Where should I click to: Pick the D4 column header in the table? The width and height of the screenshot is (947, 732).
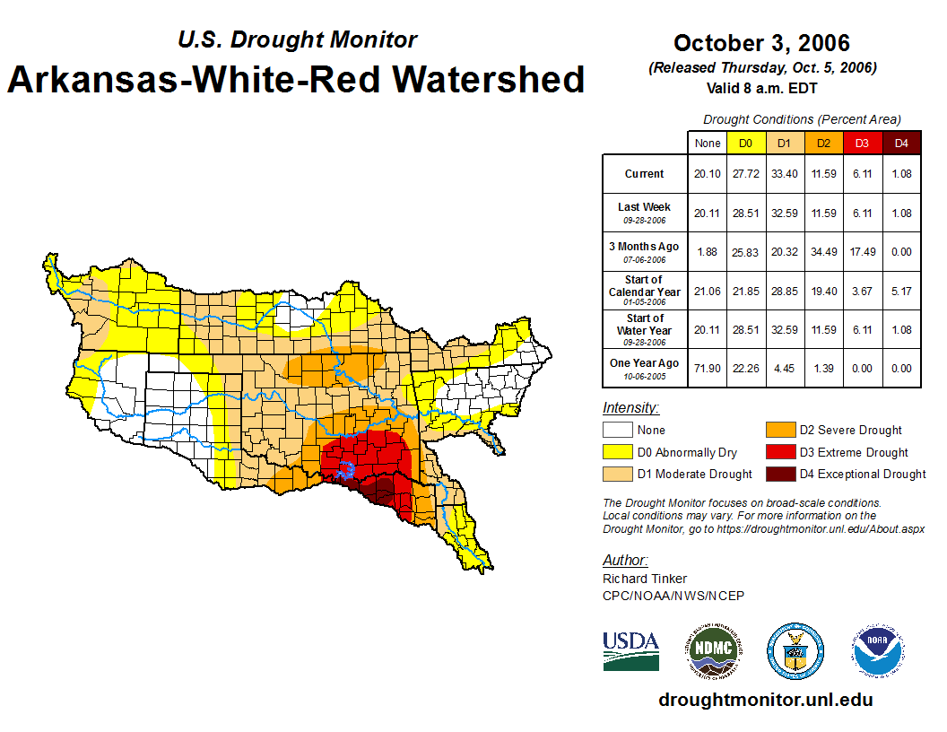click(x=901, y=144)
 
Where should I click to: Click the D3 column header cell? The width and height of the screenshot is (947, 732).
click(x=862, y=144)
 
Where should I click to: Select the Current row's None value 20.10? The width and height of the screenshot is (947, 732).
click(x=708, y=174)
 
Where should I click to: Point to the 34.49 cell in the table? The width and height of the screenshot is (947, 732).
click(x=823, y=252)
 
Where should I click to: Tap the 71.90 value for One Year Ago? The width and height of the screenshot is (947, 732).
click(x=708, y=368)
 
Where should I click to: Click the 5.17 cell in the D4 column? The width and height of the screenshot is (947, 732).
click(x=901, y=291)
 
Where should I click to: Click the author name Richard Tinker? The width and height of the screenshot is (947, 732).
click(x=645, y=579)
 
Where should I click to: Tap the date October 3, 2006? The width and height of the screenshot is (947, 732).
click(x=761, y=43)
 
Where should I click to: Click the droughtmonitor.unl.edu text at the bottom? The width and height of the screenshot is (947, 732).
click(x=765, y=700)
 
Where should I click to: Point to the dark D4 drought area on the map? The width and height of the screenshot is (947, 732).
click(x=380, y=490)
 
